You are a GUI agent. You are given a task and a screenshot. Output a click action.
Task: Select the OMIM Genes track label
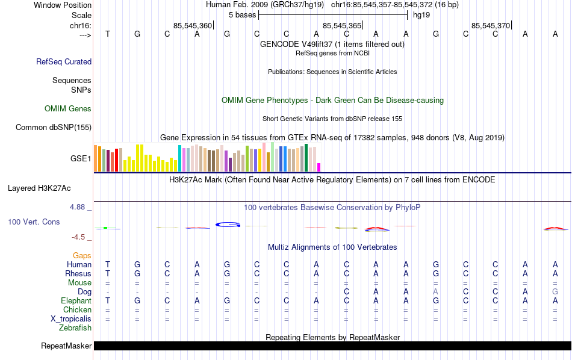pyautogui.click(x=67, y=109)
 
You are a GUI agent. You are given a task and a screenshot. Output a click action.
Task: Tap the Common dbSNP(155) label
pyautogui.click(x=54, y=127)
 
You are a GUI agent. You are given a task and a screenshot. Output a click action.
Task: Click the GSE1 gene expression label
pyautogui.click(x=81, y=159)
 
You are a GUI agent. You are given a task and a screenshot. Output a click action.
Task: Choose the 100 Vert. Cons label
pyautogui.click(x=34, y=222)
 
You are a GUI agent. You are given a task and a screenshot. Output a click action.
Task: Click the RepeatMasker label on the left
pyautogui.click(x=66, y=346)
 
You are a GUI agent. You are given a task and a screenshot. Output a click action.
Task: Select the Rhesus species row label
pyautogui.click(x=78, y=274)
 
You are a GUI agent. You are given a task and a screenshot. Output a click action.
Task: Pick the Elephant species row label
pyautogui.click(x=76, y=301)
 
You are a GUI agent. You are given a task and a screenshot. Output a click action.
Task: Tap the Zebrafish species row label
pyautogui.click(x=75, y=328)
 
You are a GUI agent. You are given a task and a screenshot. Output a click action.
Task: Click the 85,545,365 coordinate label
pyautogui.click(x=342, y=26)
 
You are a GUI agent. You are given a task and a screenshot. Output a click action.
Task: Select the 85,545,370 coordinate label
pyautogui.click(x=491, y=26)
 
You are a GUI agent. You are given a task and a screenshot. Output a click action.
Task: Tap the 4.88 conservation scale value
pyautogui.click(x=79, y=207)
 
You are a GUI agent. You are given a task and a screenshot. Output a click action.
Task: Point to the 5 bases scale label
pyautogui.click(x=242, y=14)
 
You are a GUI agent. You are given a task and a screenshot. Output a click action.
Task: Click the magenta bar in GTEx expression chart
pyautogui.click(x=319, y=167)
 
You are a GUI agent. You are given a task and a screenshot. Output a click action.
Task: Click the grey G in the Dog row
pyautogui.click(x=555, y=292)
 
